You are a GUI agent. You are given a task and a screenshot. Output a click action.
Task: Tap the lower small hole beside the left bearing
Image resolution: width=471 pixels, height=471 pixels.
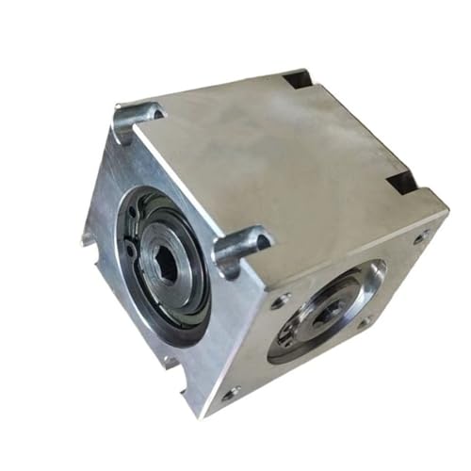coord(130,250)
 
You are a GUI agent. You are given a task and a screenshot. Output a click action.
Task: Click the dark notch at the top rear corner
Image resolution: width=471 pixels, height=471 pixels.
coord(300,78)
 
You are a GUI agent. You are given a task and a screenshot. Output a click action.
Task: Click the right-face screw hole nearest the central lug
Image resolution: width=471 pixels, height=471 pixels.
coord(281,302)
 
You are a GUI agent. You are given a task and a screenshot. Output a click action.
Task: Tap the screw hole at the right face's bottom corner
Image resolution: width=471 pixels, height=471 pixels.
coord(229,393)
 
